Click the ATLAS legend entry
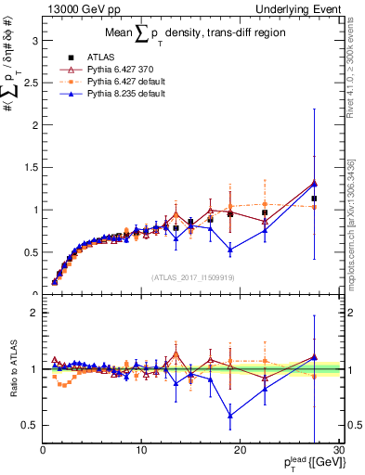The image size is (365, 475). click(x=82, y=58)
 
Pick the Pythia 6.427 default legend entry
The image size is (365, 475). click(x=101, y=82)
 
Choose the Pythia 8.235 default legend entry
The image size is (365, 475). click(x=101, y=94)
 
